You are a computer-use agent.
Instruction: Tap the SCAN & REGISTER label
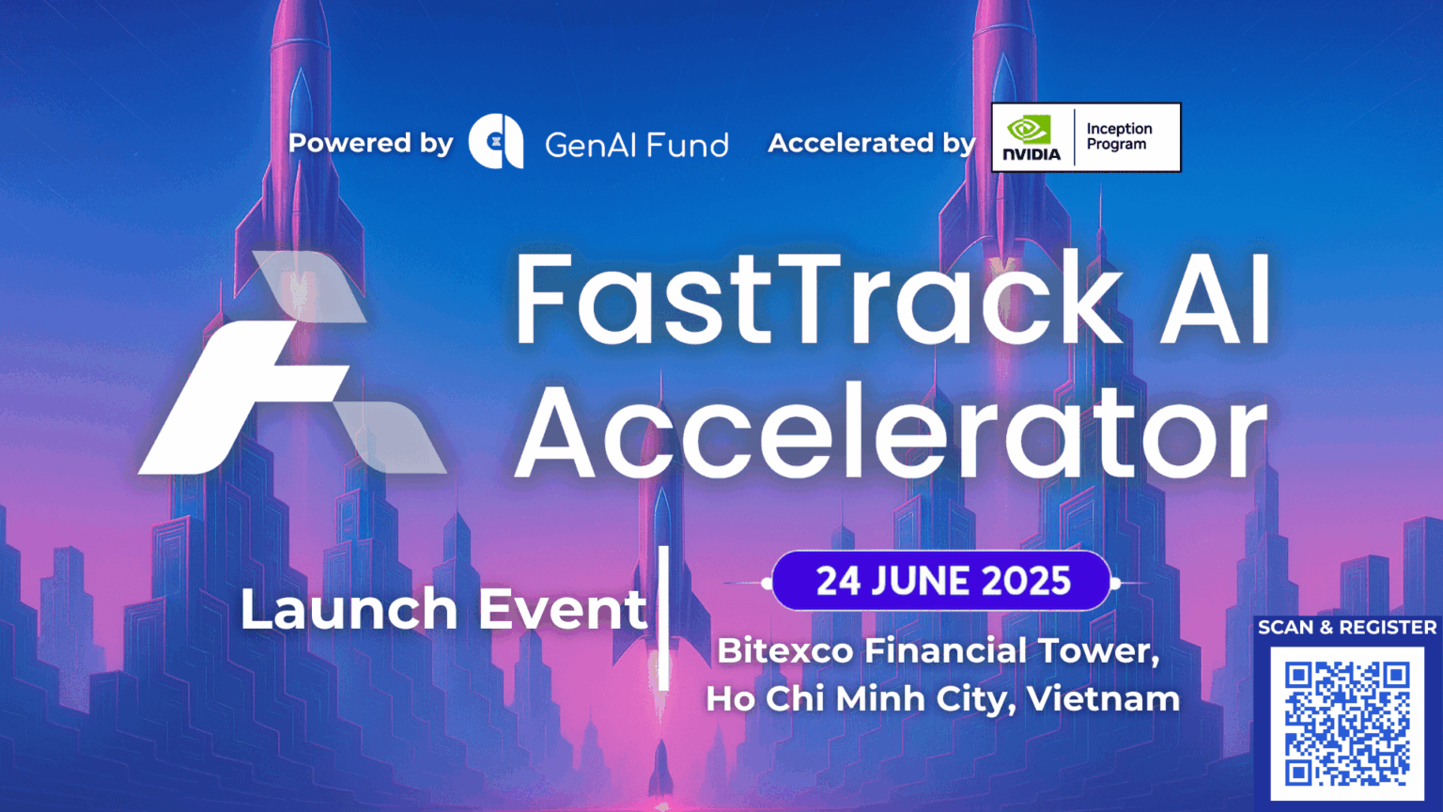(1347, 628)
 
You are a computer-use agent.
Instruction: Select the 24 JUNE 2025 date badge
(942, 582)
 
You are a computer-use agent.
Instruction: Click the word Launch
(349, 610)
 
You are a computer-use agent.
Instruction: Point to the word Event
(563, 610)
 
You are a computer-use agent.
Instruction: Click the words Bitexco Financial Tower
(938, 650)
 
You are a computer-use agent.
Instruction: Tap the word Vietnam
(1103, 699)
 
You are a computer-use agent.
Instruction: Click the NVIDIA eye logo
(1030, 130)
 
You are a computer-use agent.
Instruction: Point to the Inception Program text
(1119, 136)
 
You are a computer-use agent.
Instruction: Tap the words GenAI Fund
(636, 145)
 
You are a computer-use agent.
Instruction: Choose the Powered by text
(370, 143)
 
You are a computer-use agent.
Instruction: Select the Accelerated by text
(872, 143)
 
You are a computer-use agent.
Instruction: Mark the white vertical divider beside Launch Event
(663, 617)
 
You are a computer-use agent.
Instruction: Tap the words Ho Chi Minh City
(860, 699)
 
